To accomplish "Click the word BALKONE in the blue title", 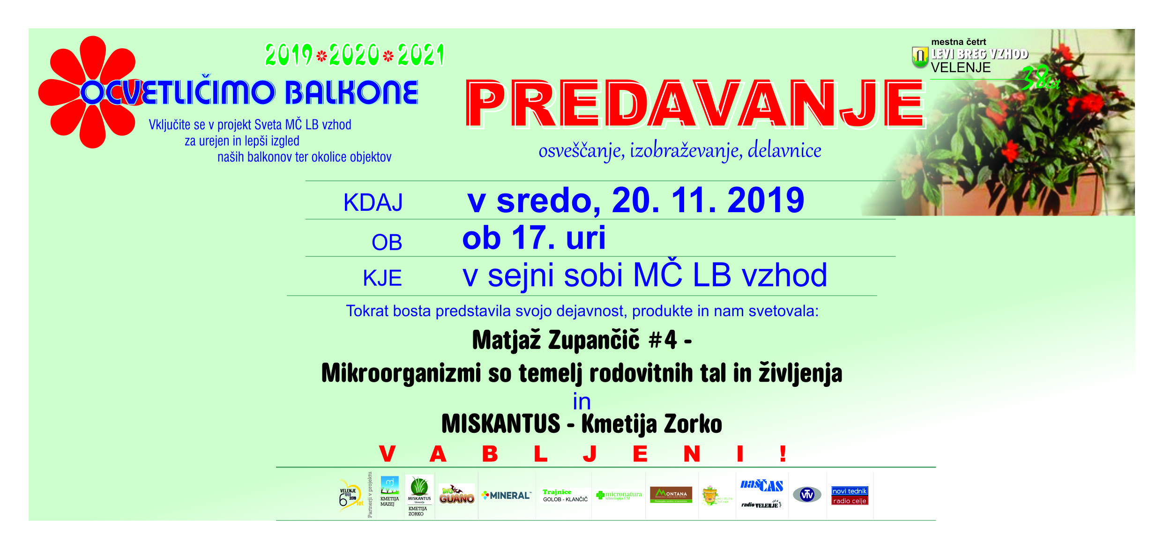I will click(351, 92).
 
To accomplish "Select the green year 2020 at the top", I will click(354, 55).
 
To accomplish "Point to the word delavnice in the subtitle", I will click(784, 150).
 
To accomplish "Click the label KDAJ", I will click(373, 203).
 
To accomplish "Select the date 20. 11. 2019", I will click(708, 200).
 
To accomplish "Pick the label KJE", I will click(382, 278).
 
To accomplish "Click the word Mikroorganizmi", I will click(401, 373).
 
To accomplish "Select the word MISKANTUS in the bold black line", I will click(500, 424).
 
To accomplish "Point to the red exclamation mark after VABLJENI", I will click(783, 453).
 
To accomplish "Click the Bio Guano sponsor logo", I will click(456, 495).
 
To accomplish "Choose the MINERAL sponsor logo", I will click(507, 495).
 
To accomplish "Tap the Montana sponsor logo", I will click(671, 495).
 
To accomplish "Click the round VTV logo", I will click(806, 495).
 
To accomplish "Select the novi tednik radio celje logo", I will click(850, 496).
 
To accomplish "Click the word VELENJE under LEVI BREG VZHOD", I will click(961, 68).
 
